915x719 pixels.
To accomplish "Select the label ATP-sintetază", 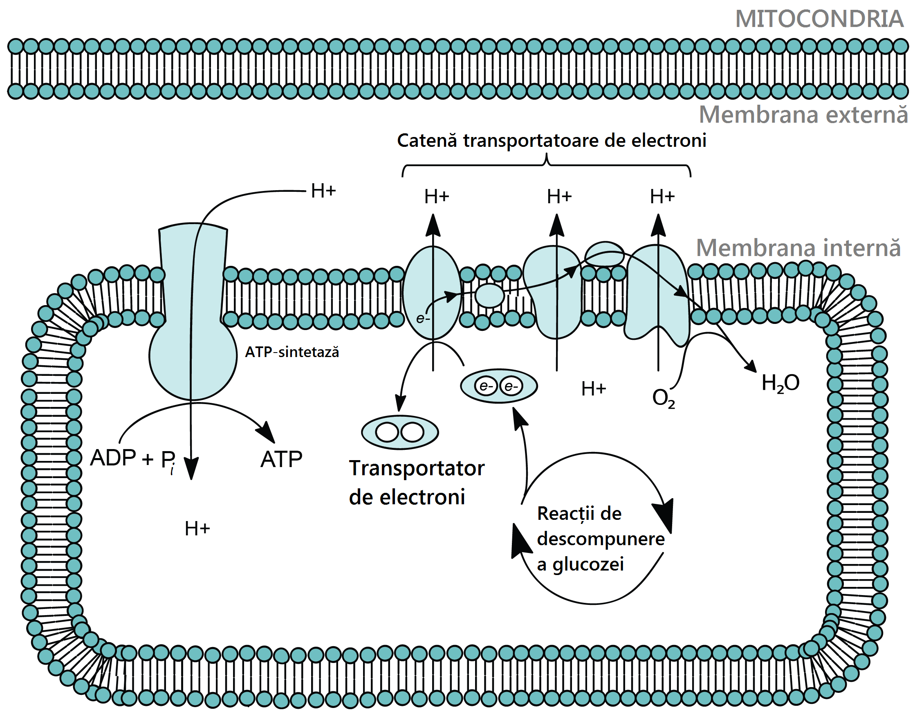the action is (x=292, y=352).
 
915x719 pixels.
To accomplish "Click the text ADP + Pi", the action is (x=133, y=459).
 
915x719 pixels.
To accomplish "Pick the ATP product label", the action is (x=281, y=459).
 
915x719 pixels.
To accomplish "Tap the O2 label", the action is (x=663, y=398).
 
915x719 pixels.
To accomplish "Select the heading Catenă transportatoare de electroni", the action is (x=552, y=141).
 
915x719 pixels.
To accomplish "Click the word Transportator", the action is (x=417, y=468).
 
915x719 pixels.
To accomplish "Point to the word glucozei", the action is (x=588, y=565).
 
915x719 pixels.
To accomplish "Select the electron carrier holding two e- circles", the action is (x=499, y=386).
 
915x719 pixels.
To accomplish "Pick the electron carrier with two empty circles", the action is (x=400, y=432).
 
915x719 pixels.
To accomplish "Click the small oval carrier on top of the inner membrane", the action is (x=605, y=254).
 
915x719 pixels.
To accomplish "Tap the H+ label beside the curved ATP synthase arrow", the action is (x=323, y=191).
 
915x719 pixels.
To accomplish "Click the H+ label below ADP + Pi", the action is (x=197, y=528).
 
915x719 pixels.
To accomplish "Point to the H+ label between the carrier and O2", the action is (x=594, y=389).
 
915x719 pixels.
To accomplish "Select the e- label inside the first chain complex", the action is (x=423, y=319).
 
